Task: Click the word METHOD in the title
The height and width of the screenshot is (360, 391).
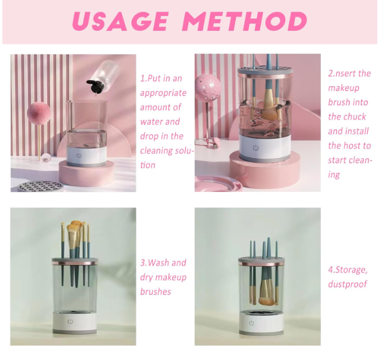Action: [245, 21]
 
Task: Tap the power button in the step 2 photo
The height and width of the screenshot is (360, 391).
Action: [256, 147]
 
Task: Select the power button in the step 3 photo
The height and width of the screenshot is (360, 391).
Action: [70, 322]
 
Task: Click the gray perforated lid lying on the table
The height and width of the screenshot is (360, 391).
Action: [40, 186]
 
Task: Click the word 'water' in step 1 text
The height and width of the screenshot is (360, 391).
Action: [152, 122]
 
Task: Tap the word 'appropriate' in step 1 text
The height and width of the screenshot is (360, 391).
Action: [163, 93]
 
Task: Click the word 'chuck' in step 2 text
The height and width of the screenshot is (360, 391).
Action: [356, 117]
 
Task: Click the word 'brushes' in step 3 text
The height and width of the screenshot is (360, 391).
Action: [155, 292]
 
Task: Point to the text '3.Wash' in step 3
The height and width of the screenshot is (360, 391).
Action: [154, 263]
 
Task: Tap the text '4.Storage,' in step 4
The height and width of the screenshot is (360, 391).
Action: [348, 270]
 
